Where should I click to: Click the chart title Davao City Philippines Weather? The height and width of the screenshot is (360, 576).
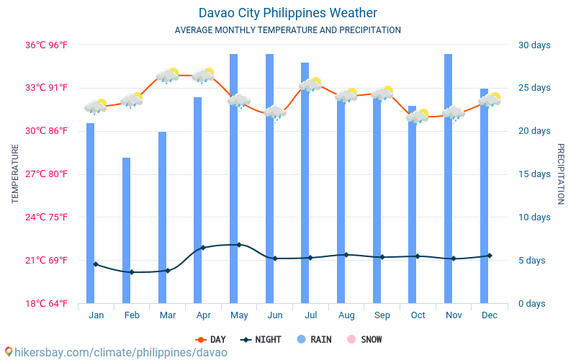287,13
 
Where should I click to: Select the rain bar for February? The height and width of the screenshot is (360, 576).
126,230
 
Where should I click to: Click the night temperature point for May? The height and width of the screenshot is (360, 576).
239,245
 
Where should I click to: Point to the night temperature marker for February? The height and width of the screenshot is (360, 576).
132,272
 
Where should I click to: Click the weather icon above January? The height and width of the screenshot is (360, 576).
95,107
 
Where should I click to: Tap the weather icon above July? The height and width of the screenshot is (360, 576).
310,84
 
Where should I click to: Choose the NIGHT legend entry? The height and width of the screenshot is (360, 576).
262,340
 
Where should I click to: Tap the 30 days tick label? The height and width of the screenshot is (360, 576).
534,45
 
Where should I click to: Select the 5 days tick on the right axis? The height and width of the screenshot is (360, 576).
534,261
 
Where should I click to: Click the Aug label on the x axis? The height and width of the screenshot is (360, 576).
346,315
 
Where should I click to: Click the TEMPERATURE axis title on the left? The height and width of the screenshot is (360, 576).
15,174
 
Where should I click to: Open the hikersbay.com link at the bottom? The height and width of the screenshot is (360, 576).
115,353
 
